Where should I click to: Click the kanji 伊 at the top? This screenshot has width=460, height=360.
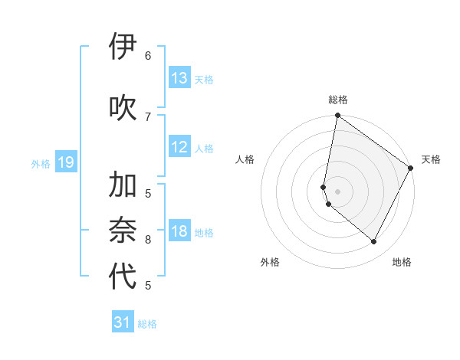[123, 47]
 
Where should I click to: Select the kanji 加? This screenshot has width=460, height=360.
[123, 185]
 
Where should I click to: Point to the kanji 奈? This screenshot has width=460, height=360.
[123, 231]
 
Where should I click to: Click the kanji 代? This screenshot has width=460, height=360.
[123, 277]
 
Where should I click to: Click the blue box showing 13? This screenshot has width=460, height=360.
[179, 78]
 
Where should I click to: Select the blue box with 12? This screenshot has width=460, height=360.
[179, 148]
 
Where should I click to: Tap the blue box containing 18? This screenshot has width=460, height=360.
[179, 232]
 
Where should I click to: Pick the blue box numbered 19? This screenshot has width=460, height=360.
[66, 162]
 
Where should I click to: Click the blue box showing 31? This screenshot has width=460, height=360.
[123, 322]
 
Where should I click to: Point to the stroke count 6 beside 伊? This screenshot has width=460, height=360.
[148, 56]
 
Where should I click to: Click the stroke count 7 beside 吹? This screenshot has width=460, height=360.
[148, 116]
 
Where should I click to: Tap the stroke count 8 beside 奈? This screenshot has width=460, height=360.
[148, 239]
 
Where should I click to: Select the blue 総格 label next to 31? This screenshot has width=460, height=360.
[147, 324]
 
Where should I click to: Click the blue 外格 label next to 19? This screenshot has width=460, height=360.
[41, 163]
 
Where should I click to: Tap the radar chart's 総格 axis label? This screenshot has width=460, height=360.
[338, 100]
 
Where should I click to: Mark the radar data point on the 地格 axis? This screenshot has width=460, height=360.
[374, 242]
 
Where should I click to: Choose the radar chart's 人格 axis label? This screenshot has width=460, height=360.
[245, 159]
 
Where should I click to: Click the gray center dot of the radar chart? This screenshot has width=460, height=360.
[338, 191]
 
